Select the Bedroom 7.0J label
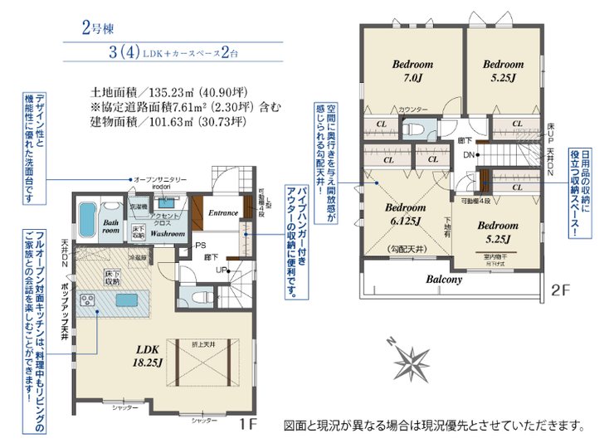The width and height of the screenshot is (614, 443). click(412, 71)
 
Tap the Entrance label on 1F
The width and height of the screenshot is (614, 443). click(222, 212)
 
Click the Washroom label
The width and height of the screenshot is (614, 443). click(168, 234)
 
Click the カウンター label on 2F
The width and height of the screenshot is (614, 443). click(412, 110)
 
